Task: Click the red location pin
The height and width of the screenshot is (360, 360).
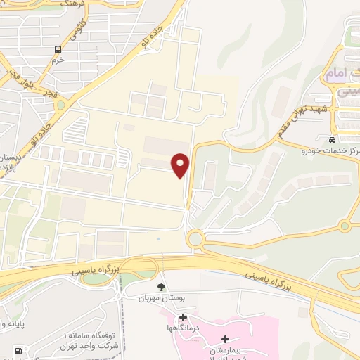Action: pos(181,165)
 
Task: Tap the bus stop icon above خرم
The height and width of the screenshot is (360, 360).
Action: pos(58,50)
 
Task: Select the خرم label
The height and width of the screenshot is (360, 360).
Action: pos(58,60)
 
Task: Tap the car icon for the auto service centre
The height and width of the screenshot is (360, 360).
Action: pos(331,139)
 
